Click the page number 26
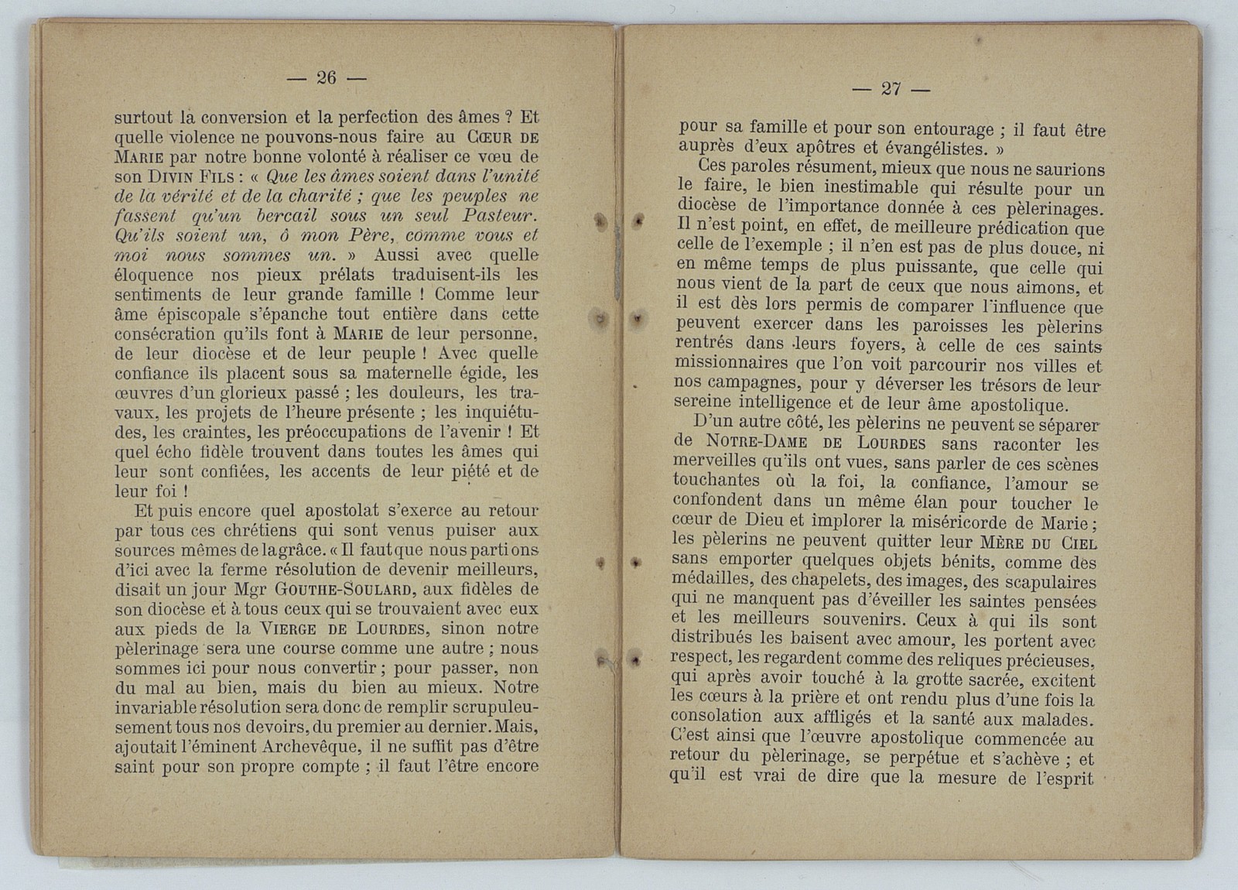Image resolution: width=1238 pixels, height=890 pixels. coord(326,77)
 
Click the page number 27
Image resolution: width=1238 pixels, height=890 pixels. coord(891,89)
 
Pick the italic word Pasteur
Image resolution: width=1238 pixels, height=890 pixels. coord(500,216)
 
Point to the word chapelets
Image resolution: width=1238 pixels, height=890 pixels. coord(791,580)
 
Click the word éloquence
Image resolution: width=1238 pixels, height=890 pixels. coord(154,275)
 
